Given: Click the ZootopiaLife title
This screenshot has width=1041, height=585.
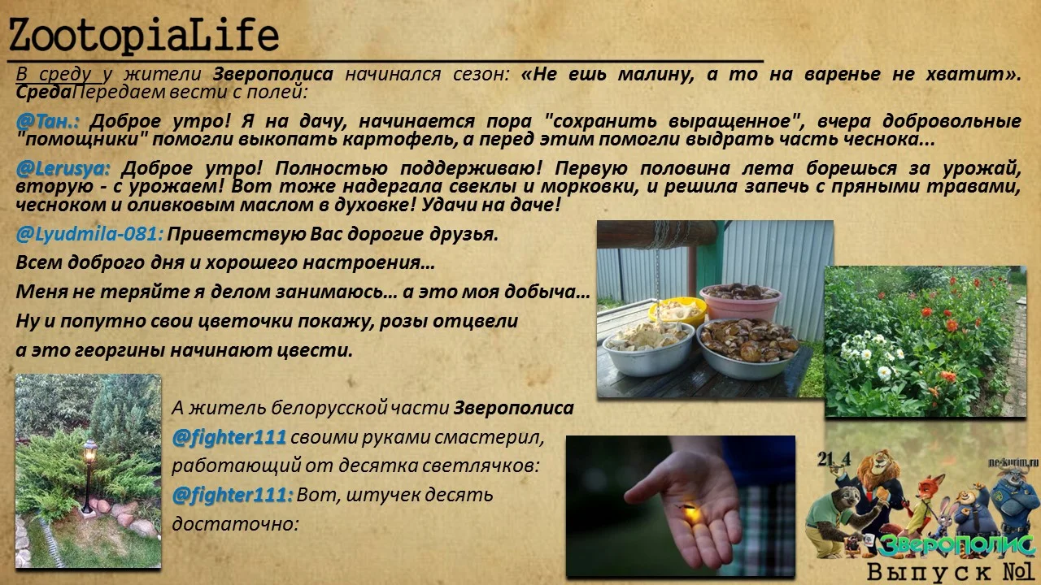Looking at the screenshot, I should tap(143, 36).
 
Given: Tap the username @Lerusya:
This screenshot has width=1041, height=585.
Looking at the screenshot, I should tap(62, 169).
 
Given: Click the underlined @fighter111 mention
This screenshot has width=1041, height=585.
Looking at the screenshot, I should tap(229, 437).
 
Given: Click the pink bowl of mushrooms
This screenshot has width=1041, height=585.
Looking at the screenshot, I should tap(740, 301).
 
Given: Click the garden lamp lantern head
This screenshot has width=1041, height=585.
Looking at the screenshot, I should tap(89, 448).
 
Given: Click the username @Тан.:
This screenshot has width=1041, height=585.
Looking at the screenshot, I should tap(48, 121).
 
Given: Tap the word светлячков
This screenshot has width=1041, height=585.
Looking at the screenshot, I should tap(477, 466).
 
